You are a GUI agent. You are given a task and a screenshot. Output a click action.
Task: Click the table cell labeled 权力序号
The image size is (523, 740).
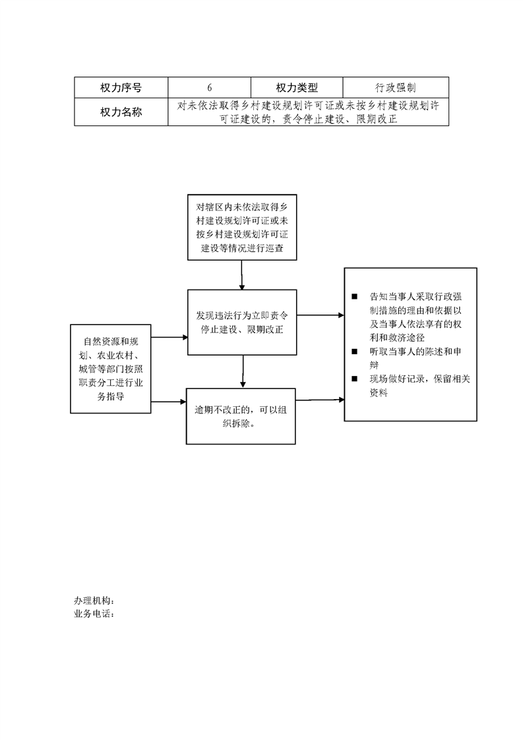(x=121, y=88)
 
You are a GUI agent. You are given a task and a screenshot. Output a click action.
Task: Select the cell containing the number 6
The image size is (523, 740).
(x=210, y=88)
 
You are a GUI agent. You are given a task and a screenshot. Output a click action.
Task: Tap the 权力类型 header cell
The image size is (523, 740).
(x=297, y=88)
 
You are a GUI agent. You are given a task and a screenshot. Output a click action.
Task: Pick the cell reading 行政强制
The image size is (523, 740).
(x=396, y=88)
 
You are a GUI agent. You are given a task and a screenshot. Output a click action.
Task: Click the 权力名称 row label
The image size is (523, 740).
(x=121, y=112)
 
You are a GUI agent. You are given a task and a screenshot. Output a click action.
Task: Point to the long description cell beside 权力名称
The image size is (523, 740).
(x=308, y=112)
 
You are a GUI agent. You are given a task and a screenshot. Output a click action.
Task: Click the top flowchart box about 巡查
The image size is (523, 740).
(x=242, y=227)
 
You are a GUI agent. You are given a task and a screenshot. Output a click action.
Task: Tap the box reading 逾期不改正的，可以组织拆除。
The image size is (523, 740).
(x=241, y=416)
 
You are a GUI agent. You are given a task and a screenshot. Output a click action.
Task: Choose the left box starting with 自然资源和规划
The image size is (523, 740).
(x=110, y=369)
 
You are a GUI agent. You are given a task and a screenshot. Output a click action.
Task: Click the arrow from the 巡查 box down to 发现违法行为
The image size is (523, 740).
(x=241, y=275)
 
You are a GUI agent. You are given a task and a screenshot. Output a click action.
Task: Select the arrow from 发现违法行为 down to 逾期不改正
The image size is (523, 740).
(x=243, y=372)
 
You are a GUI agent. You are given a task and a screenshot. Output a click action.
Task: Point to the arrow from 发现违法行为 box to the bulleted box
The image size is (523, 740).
(x=321, y=315)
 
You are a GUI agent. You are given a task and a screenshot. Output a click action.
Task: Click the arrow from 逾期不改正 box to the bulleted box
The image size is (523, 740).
(x=320, y=400)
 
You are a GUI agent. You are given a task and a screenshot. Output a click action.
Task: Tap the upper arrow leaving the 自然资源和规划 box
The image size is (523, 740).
(x=169, y=338)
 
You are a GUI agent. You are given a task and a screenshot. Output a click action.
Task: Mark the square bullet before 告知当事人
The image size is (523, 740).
(x=354, y=296)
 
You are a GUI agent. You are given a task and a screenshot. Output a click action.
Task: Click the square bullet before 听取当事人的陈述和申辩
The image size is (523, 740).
(x=354, y=351)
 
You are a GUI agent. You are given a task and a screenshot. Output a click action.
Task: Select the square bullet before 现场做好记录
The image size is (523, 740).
(x=354, y=379)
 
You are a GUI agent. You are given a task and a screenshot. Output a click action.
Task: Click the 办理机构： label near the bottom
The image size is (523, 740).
(x=94, y=600)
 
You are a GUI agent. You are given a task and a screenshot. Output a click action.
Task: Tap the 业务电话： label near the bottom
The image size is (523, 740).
(x=94, y=614)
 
